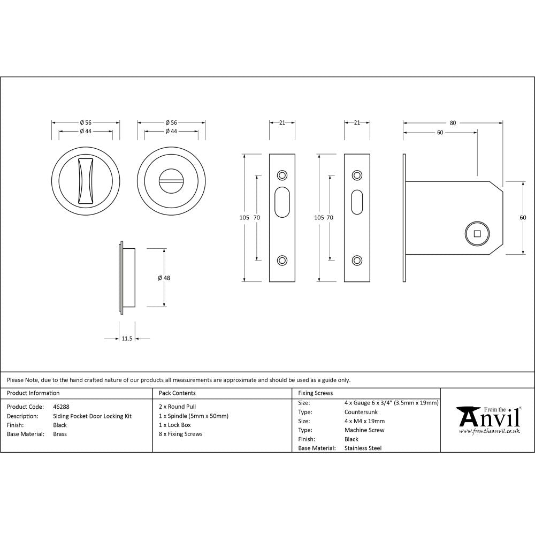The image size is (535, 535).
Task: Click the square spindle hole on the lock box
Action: (477, 233)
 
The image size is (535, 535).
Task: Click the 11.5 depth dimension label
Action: (127, 339)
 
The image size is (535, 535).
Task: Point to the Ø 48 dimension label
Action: (164, 278)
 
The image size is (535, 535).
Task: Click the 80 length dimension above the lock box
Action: (453, 123)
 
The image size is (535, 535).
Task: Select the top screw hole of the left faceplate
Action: (282, 175)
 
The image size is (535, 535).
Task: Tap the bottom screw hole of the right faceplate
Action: (357, 260)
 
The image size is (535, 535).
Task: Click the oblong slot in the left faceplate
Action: (282, 202)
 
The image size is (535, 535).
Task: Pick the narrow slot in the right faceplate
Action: (357, 202)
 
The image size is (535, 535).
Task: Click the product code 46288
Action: (61, 407)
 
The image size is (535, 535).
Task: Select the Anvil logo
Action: (488, 416)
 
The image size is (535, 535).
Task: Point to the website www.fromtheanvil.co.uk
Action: (489, 431)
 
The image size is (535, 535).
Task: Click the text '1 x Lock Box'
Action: (175, 425)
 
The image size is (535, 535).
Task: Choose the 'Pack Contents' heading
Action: (177, 393)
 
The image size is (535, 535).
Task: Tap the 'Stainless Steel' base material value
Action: (363, 448)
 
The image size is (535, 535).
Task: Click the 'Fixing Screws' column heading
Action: (315, 393)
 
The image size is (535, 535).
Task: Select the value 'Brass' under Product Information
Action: (60, 434)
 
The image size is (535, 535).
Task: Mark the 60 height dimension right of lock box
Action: (523, 217)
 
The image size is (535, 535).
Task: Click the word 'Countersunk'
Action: (361, 412)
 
